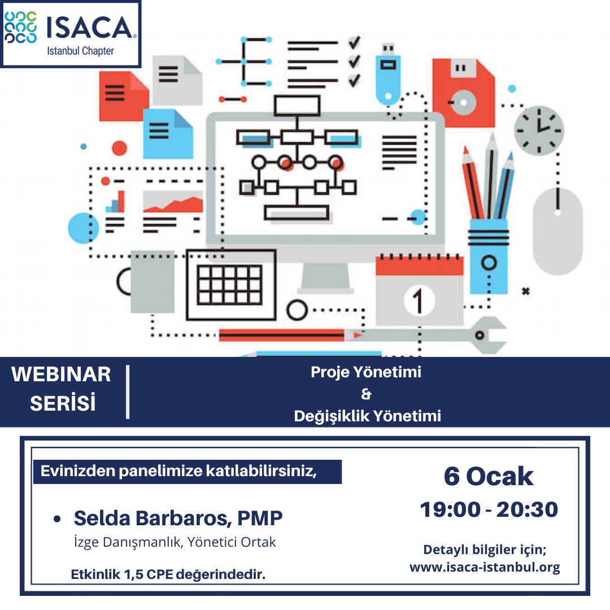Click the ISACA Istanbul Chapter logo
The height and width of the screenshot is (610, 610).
71,34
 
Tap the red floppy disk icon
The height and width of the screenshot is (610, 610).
463,93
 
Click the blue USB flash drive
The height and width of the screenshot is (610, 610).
388,74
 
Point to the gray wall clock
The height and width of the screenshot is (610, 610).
539,130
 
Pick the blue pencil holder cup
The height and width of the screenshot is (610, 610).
489,256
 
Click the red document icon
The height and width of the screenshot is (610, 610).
124,96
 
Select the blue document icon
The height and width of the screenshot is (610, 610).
168,133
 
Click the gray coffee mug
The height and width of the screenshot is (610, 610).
146,282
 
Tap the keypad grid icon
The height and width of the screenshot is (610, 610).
231,285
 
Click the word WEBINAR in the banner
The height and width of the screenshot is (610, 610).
61,374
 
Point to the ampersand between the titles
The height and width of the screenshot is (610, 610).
366,394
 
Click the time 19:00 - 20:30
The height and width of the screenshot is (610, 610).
489,509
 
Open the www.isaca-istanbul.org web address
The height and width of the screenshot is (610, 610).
485,567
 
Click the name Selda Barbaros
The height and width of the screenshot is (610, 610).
152,518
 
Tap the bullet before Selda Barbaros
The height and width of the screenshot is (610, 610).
57,519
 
